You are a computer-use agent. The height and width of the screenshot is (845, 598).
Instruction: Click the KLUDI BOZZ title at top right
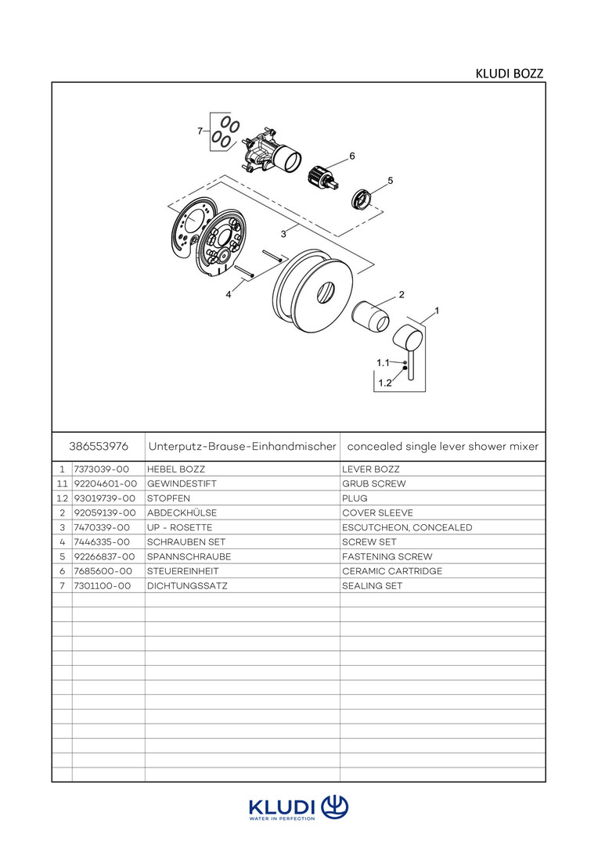pos(509,74)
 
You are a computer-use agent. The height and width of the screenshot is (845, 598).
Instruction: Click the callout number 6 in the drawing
pos(352,156)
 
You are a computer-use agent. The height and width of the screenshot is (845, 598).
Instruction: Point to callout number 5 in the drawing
pos(390,180)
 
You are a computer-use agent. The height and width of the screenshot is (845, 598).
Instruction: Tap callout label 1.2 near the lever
pos(384,383)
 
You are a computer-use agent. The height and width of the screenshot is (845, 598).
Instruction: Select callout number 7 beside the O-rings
pos(200,131)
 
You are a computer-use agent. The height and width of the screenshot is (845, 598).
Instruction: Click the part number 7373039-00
pos(101,469)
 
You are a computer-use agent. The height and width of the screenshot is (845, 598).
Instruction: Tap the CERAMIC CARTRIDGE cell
pos(392,571)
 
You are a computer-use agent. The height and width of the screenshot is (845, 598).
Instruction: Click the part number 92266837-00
pos(106,556)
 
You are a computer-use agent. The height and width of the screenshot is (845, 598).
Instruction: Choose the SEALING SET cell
pos(372,585)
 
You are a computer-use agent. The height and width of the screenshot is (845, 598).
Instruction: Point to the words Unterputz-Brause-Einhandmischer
pos(242,446)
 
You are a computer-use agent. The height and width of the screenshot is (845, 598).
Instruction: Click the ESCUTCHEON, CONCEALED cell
pos(407,527)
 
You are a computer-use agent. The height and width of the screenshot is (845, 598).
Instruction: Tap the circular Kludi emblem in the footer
pos(334,806)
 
